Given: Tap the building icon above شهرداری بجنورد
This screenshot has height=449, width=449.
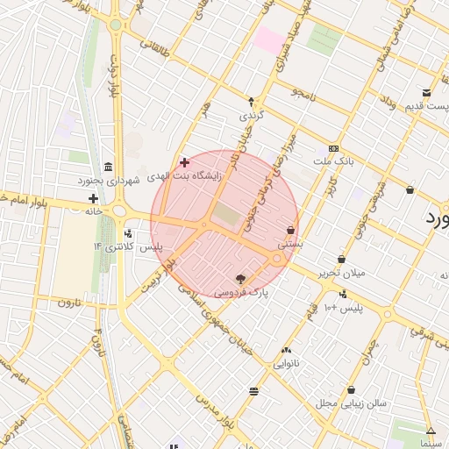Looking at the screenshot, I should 108,167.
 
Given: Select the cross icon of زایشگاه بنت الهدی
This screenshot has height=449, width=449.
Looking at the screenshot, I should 184,162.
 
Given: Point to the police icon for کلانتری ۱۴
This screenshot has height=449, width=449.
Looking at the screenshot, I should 129,234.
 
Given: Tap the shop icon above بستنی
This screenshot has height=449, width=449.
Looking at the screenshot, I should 289,231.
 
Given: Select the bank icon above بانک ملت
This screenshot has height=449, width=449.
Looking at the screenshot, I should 332,149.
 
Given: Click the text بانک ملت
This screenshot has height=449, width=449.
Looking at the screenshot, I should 332,162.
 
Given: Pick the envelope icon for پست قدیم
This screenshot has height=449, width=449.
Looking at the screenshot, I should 426,94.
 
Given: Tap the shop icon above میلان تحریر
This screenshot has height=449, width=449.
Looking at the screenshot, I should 341,260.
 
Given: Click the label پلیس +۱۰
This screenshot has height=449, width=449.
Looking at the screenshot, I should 343,308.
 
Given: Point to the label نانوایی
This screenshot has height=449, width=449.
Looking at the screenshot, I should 286,362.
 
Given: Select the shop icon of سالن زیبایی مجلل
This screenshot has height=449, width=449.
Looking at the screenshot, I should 351,390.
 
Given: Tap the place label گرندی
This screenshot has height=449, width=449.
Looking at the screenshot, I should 251,115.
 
